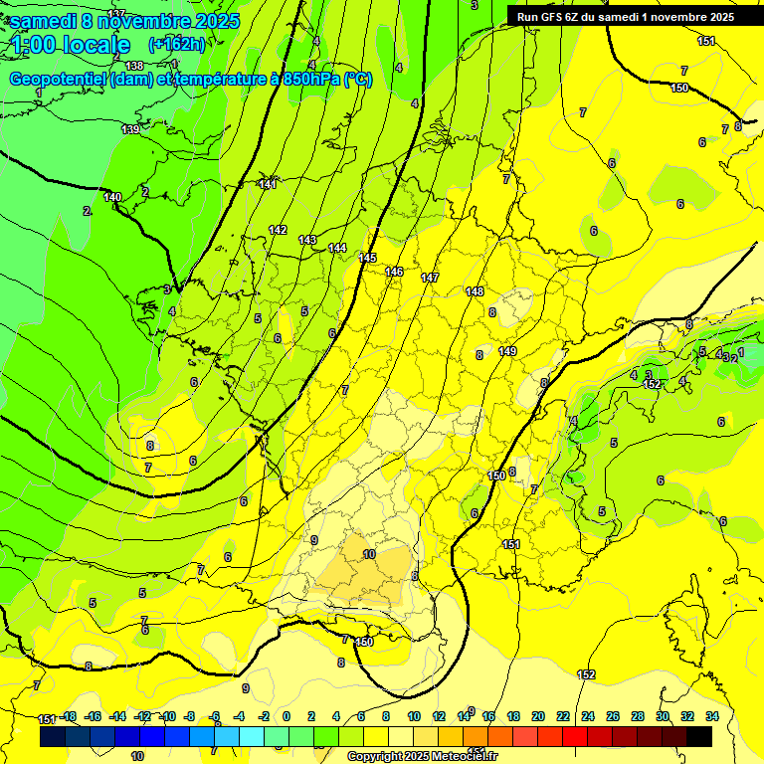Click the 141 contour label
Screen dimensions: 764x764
(x=268, y=184)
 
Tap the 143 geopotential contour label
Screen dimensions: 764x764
(x=307, y=240)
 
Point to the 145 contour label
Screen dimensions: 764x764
(x=367, y=258)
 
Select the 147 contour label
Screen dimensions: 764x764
(x=430, y=278)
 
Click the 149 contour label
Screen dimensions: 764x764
(x=507, y=351)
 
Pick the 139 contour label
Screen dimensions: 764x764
(x=130, y=130)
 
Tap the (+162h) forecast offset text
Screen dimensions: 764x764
(x=177, y=44)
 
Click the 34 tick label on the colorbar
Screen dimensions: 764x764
(x=711, y=716)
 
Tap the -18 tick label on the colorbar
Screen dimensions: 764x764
(x=69, y=716)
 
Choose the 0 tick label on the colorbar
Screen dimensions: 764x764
(x=286, y=716)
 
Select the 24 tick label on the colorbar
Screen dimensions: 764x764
(x=588, y=716)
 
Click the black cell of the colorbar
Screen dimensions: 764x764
(x=699, y=736)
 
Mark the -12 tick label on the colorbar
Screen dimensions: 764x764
(x=142, y=716)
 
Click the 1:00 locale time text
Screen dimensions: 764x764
(x=70, y=45)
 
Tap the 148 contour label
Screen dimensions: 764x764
(x=475, y=291)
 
